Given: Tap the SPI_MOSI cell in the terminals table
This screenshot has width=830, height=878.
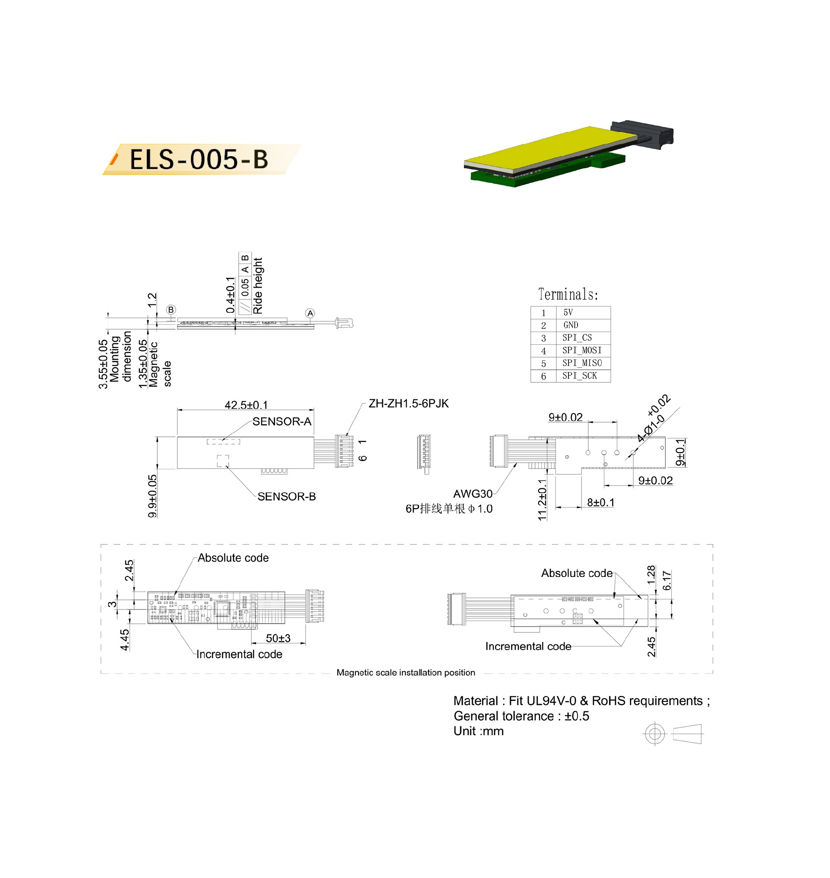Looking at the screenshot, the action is pyautogui.click(x=582, y=350).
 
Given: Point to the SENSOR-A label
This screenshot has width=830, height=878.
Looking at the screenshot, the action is pyautogui.click(x=282, y=421).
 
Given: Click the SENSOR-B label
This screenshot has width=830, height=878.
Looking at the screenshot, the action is pyautogui.click(x=287, y=497).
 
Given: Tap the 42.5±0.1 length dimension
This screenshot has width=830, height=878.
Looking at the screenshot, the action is pyautogui.click(x=246, y=404).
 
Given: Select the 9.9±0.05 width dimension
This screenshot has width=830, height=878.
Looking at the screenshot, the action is pyautogui.click(x=153, y=496).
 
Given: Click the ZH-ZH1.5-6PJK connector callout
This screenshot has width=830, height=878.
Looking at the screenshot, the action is pyautogui.click(x=409, y=403).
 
